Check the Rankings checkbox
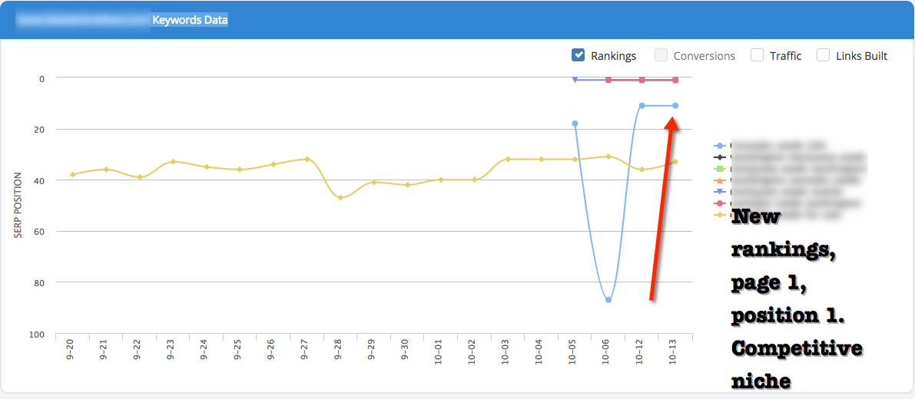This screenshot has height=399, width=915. click(579, 55)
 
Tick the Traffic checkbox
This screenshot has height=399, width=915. click(757, 55)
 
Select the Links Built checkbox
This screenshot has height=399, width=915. click(823, 55)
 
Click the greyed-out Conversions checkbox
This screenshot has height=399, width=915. click(661, 55)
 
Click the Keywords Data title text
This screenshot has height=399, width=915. click(190, 20)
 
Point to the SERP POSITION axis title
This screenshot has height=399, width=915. click(18, 206)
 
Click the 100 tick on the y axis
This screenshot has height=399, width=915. click(37, 335)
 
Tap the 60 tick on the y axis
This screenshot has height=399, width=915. click(39, 232)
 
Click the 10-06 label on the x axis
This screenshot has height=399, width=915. click(607, 351)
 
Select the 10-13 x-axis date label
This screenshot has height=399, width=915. click(674, 351)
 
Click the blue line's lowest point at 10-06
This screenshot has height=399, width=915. click(608, 300)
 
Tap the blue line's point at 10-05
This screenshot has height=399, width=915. click(575, 124)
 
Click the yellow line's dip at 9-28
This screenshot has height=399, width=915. click(340, 198)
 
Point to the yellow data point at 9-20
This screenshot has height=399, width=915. click(73, 175)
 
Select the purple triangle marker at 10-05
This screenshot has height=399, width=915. click(575, 79)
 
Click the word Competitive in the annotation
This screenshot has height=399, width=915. click(797, 349)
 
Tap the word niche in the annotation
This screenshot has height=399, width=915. click(761, 381)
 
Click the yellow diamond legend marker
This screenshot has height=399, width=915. click(719, 215)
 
